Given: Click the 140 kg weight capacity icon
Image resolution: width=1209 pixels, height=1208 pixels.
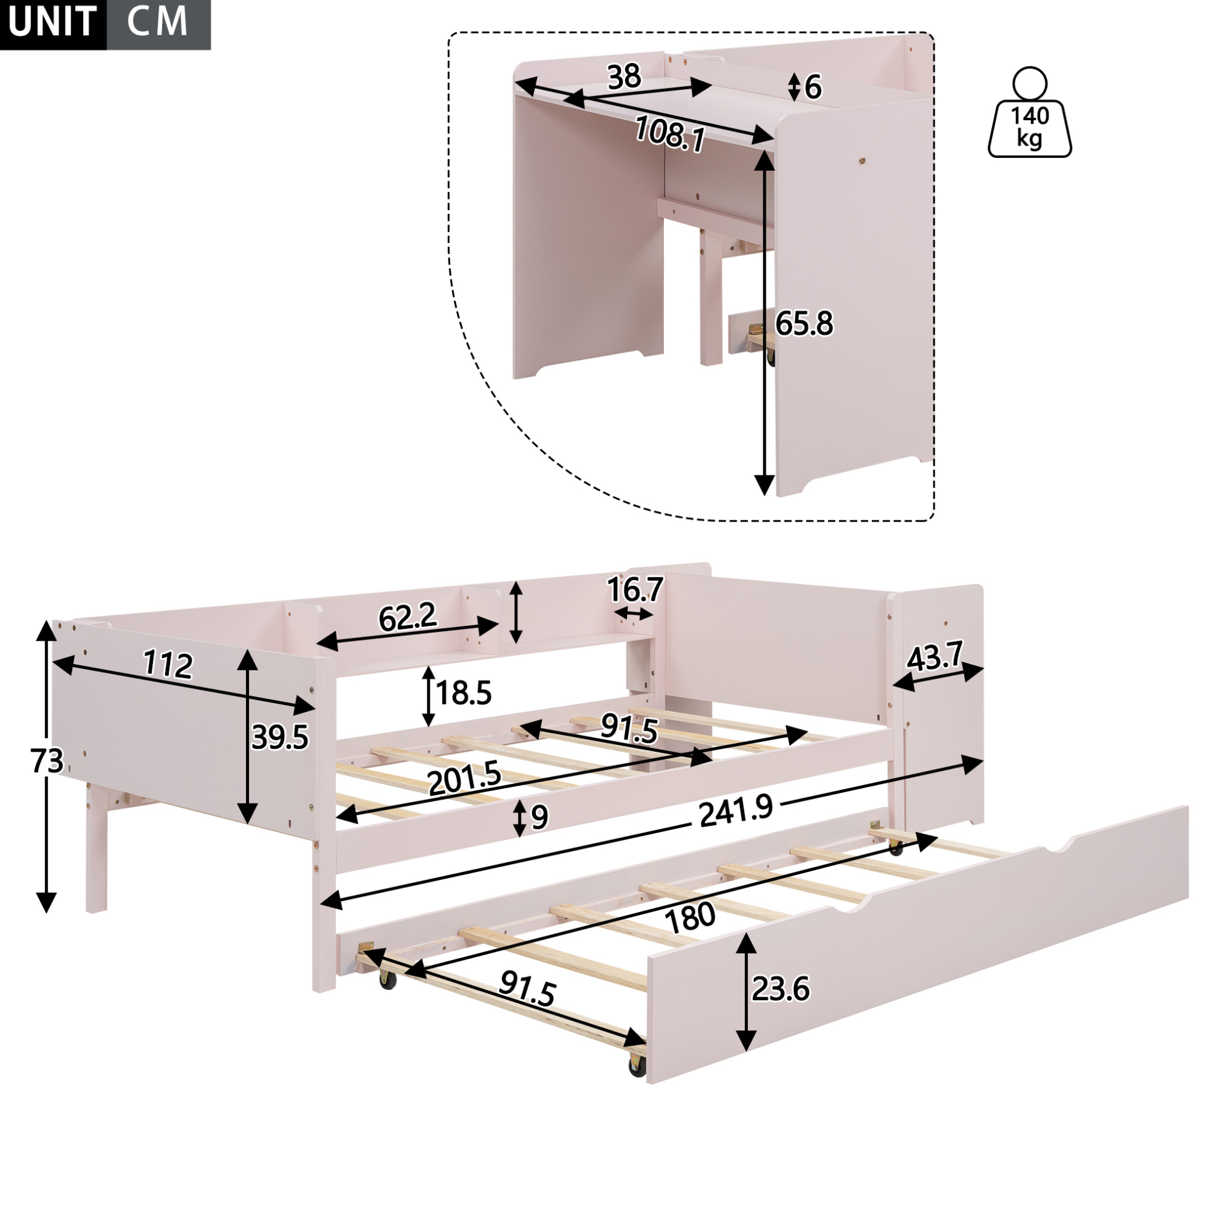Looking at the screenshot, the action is coord(1030,112).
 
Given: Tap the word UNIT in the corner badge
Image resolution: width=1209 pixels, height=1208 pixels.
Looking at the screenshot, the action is coord(52,22).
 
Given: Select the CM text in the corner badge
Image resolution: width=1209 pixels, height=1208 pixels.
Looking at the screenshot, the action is coord(157,22).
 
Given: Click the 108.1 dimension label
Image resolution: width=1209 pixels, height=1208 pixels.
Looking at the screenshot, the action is coord(670,134).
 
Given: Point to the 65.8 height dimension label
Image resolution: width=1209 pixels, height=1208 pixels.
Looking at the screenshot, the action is coord(804,324).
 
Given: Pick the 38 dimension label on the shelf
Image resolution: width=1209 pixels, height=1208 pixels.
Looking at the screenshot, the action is coord(624,76).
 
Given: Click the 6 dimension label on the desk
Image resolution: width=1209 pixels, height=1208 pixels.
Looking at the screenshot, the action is coord(813,88).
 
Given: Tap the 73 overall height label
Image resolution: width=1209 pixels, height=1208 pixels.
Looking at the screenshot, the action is coord(47,761).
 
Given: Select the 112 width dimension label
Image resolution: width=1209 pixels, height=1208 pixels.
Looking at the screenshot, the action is coord(168,664).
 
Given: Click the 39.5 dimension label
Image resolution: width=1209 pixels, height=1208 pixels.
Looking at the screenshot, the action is coord(280,738).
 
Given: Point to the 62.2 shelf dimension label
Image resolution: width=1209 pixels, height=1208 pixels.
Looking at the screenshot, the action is coord(408,618).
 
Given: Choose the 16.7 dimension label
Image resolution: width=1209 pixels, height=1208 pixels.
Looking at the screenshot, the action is coord(635,590).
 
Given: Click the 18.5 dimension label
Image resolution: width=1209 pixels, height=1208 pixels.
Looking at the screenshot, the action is coord(464,694).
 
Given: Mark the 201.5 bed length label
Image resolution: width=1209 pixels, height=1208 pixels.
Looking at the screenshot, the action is coord(465,778).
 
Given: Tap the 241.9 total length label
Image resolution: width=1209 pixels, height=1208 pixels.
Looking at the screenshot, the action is coord(736,811).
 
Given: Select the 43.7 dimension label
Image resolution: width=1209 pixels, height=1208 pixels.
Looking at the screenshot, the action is coord(935,657).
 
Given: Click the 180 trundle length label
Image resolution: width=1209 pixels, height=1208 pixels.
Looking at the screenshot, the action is coord(691,917).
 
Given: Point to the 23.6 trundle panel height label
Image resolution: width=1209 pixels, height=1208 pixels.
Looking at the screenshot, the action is coord(781,989).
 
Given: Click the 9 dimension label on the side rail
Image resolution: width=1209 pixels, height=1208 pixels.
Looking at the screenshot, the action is coord(539,818).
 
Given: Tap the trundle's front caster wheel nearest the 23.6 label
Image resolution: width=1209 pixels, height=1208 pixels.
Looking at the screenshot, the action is coord(637,1067).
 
